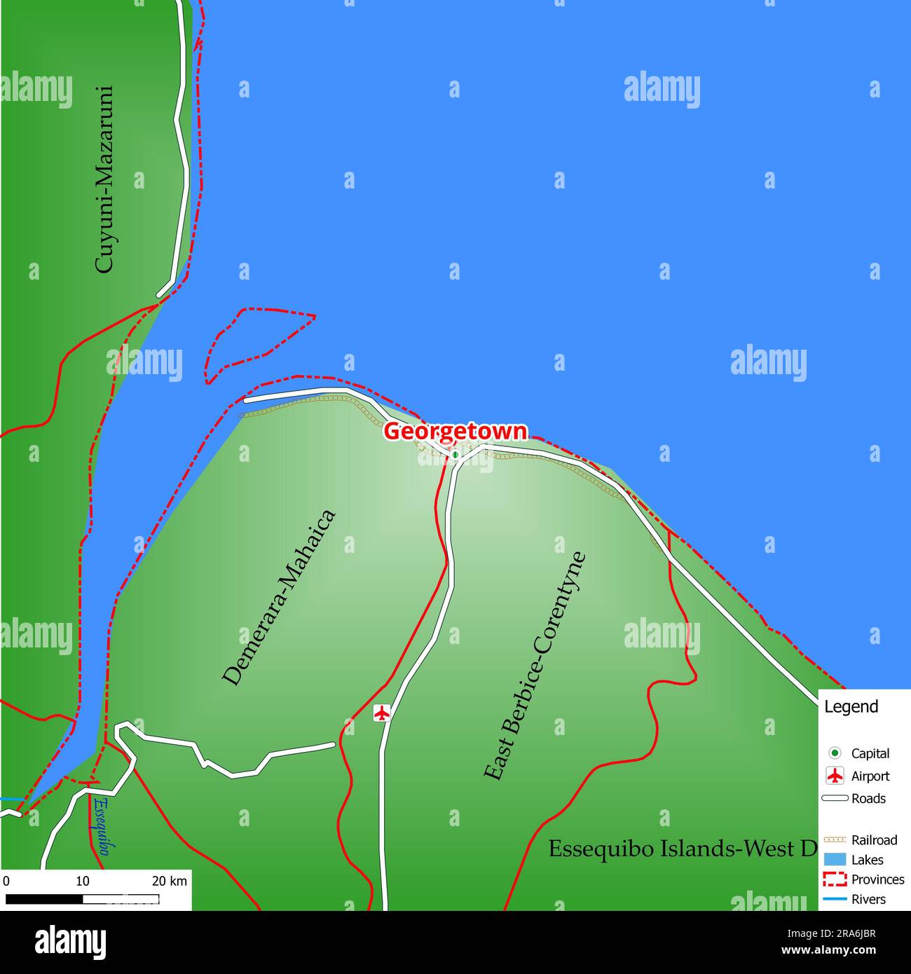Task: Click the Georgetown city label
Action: point(455,431)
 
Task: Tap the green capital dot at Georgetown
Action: point(455,455)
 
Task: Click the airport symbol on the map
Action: point(381,713)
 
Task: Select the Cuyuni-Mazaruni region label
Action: point(104,179)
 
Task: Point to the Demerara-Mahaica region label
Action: point(279,597)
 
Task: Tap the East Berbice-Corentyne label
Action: point(535,666)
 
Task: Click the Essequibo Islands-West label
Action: point(682,849)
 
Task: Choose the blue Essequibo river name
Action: point(103,825)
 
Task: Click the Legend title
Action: point(851,706)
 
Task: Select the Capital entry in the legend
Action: point(870,753)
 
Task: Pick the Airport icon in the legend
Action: point(835,776)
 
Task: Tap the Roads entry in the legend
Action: point(868,798)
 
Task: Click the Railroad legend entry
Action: point(874,839)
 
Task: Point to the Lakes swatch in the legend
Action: point(835,860)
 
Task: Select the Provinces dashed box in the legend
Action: point(835,879)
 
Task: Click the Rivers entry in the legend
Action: point(868,899)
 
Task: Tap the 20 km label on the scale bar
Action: point(170,881)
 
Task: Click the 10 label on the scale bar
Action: point(83,881)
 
